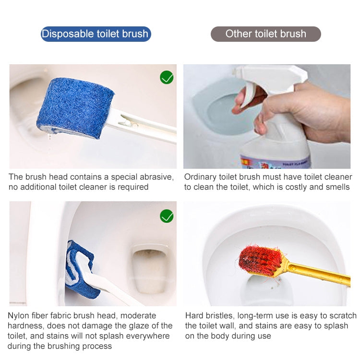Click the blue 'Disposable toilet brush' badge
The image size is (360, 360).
coord(96,34)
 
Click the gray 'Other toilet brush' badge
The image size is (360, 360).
coord(265,34)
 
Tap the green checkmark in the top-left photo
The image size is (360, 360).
coord(167,77)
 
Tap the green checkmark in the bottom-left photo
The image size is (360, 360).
coord(167,216)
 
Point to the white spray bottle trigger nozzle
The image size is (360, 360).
coord(269,77)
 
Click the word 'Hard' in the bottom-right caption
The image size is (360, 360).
coord(195,315)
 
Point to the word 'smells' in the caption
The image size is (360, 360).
coord(337,187)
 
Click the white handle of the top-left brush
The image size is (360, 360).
coord(144,126)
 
